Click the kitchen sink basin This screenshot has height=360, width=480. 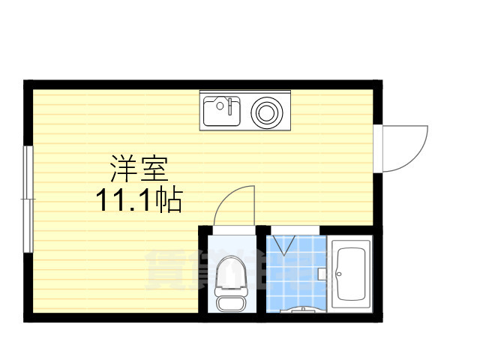tap(219, 112)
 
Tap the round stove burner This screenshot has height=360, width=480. tap(265, 113)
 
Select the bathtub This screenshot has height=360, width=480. tap(350, 274)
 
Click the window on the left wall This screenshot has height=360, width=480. tap(28, 199)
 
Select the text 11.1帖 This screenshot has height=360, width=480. tap(139, 199)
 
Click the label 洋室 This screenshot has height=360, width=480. tap(139, 169)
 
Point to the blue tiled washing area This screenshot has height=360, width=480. tap(296, 274)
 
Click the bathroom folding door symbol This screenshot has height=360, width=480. tap(283, 244)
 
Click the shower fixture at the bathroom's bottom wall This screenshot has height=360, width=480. tap(303, 308)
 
